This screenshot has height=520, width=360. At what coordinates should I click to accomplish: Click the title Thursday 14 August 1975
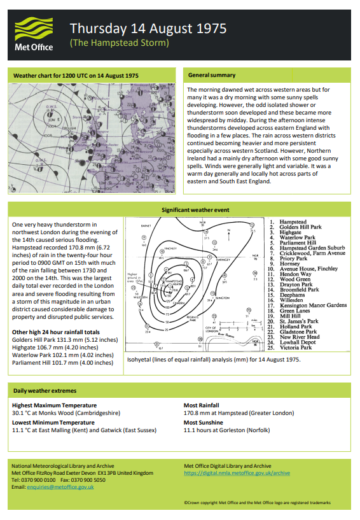[x=148, y=29]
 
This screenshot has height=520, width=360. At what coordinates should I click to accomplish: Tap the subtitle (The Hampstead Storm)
[x=120, y=43]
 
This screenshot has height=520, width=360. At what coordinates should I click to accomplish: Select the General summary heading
[x=212, y=75]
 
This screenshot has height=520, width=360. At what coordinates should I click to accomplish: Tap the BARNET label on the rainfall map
[x=146, y=225]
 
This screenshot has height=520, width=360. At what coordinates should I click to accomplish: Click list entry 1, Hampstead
[x=293, y=222]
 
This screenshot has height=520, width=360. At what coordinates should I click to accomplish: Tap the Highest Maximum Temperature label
[x=54, y=405]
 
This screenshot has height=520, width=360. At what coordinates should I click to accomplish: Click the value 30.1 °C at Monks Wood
[x=66, y=412]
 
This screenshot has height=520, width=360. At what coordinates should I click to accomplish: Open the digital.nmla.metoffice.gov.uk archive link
[x=237, y=474]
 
